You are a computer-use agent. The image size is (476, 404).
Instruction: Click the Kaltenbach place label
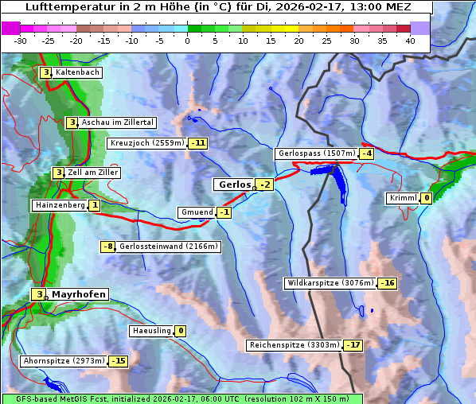click(x=78, y=72)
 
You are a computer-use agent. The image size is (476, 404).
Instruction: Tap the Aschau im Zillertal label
click(x=118, y=122)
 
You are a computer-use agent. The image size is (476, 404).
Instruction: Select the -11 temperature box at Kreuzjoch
click(x=197, y=144)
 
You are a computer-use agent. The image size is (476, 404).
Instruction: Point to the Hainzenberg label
click(x=59, y=205)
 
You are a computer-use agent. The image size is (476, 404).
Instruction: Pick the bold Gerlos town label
click(x=234, y=185)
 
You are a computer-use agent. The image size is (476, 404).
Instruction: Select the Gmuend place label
click(x=197, y=212)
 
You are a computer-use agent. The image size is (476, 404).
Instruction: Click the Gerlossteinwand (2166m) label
click(x=169, y=247)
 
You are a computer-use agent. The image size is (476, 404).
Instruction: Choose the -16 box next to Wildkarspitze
click(x=387, y=283)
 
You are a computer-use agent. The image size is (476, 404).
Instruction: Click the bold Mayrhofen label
click(x=79, y=294)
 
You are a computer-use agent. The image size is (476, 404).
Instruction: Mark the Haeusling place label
click(x=150, y=331)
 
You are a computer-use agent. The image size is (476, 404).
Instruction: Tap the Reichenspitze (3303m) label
click(x=295, y=345)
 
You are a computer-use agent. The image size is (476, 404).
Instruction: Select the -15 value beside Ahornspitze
click(x=118, y=361)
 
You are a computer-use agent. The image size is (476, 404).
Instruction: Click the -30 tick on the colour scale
click(x=20, y=40)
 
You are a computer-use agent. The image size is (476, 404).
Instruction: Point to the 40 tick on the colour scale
click(x=410, y=40)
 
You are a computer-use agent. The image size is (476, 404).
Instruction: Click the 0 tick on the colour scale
click(x=187, y=40)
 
